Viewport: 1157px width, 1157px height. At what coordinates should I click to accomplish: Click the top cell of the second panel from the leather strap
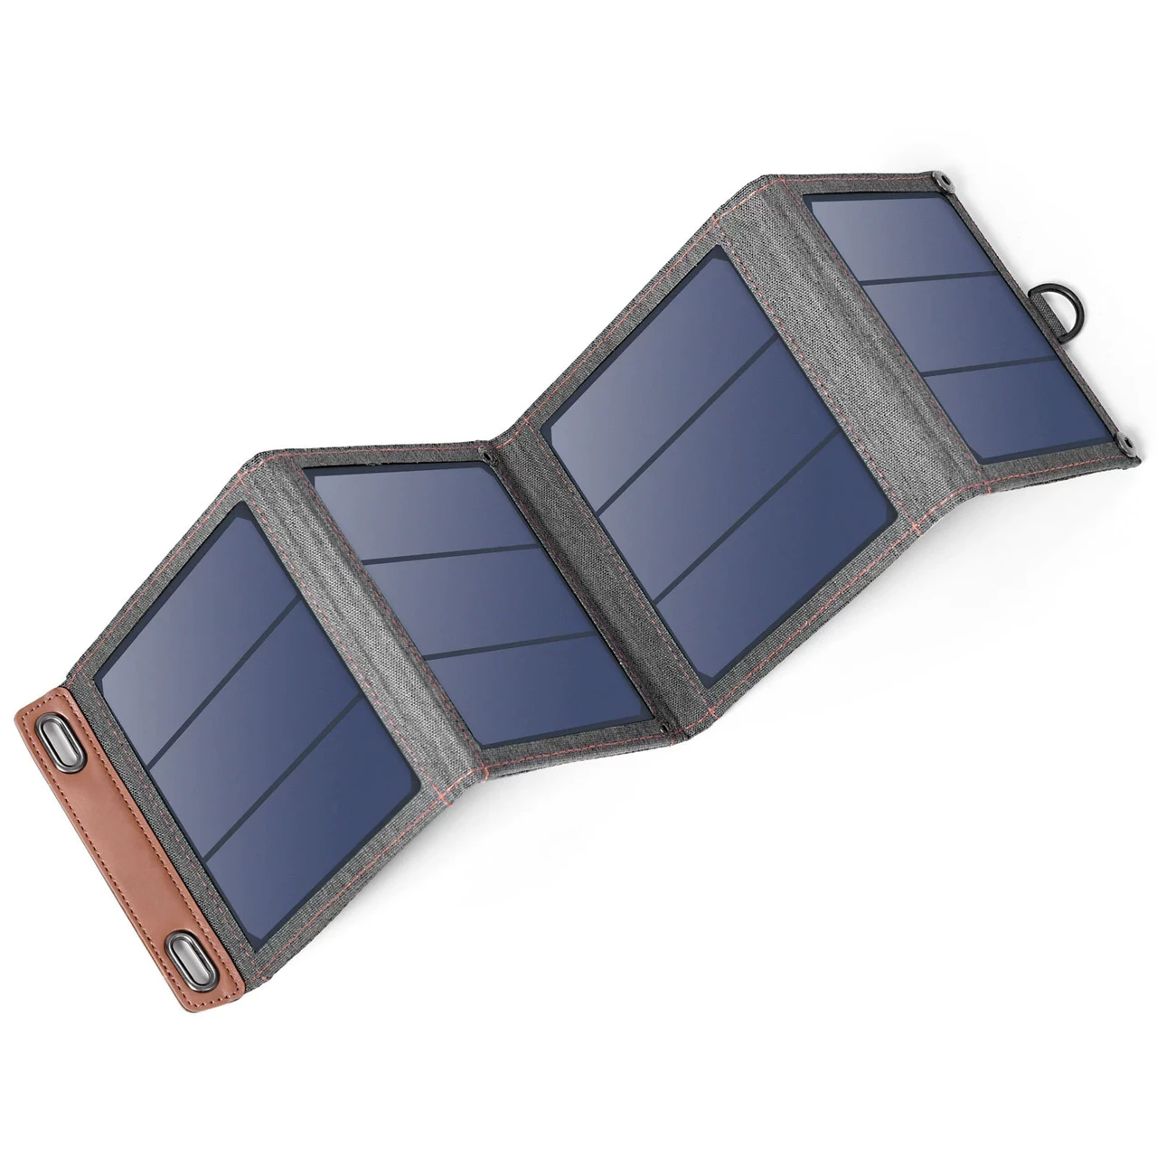tap(425, 515)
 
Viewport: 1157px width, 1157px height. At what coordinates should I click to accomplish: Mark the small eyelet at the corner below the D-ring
tap(1128, 443)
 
